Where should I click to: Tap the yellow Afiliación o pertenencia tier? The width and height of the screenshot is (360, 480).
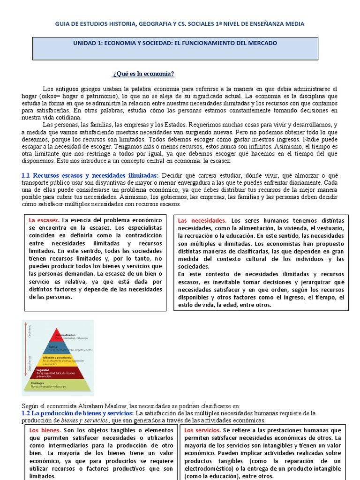click(57, 361)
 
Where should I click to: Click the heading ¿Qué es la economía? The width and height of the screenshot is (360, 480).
click(143, 74)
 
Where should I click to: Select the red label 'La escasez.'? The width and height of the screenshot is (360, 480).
click(44, 220)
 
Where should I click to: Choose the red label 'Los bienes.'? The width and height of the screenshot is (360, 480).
click(45, 430)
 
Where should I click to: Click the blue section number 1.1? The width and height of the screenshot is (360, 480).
click(26, 175)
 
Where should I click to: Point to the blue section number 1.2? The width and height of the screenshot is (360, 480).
click(26, 413)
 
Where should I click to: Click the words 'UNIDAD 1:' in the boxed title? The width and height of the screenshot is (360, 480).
click(88, 43)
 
